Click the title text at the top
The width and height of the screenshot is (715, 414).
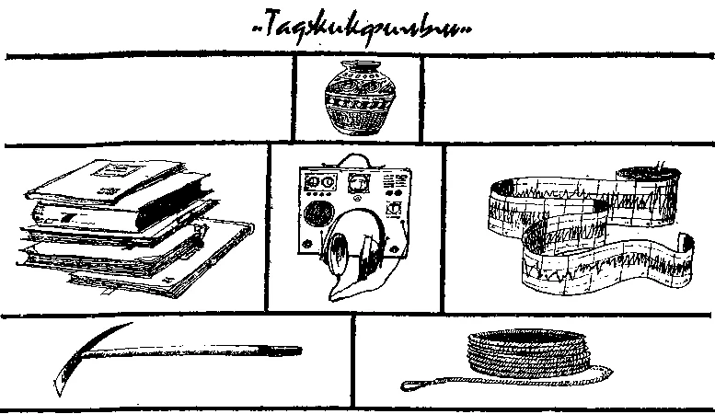[360, 29]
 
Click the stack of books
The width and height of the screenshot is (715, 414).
[124, 225]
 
